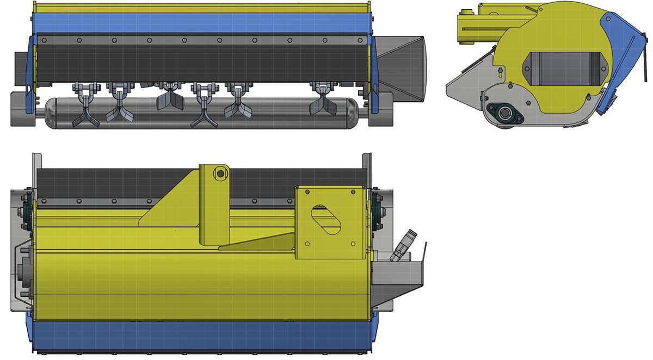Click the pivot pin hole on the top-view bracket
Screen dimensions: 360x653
[x=220, y=173]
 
